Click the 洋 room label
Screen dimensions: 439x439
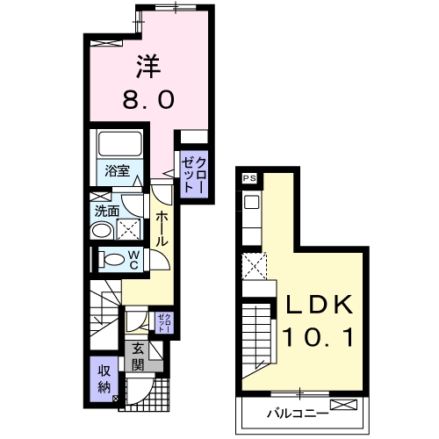tap(148, 67)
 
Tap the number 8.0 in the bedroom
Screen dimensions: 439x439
tap(148, 99)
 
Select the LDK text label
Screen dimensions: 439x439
tap(319, 305)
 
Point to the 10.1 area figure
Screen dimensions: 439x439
tap(318, 337)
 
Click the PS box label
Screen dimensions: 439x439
tap(249, 178)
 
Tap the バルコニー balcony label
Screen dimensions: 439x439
tap(298, 414)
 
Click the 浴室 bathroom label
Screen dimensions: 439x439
tap(118, 170)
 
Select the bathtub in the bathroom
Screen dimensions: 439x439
tap(120, 144)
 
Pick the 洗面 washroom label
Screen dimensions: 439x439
tap(107, 212)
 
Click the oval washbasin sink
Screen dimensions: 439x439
tap(102, 231)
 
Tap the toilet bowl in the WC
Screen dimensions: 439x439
tap(112, 259)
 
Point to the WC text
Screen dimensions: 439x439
tap(133, 260)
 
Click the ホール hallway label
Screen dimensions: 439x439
tap(161, 229)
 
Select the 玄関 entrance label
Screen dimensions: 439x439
tap(138, 356)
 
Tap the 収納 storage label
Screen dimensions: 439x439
tap(104, 378)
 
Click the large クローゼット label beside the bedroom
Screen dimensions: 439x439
tap(193, 175)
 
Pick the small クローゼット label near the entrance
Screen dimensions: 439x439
tap(164, 323)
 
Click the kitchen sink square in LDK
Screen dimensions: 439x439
tap(252, 202)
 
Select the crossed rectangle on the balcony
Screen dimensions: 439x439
tap(343, 405)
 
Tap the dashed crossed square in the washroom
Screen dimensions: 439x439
tap(128, 229)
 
